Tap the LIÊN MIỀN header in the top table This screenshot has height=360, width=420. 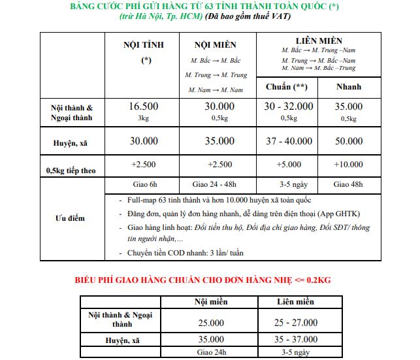coord(319,41)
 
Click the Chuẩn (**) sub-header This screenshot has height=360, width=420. coord(287,87)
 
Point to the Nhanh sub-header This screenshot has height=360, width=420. coord(349,87)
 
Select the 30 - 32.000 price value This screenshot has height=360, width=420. coord(288,106)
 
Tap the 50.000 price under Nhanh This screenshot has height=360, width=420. coord(348,140)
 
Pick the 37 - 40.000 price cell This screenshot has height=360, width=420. coord(288,140)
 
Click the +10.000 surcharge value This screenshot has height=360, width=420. coord(348,165)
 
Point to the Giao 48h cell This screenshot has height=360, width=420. coord(348,184)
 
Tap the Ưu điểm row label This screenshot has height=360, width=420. coord(69,218)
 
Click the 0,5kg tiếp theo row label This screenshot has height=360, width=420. coord(71,171)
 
